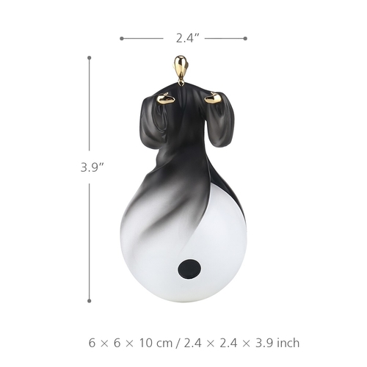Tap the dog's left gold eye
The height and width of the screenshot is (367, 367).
(x=166, y=98)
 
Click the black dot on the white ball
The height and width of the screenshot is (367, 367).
(x=189, y=269)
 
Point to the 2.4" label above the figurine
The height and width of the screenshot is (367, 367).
(x=184, y=38)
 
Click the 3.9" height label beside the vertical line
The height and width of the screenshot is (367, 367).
(x=92, y=167)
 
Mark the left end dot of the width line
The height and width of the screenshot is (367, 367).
(x=122, y=38)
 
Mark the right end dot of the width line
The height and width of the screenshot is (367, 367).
(x=245, y=38)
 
